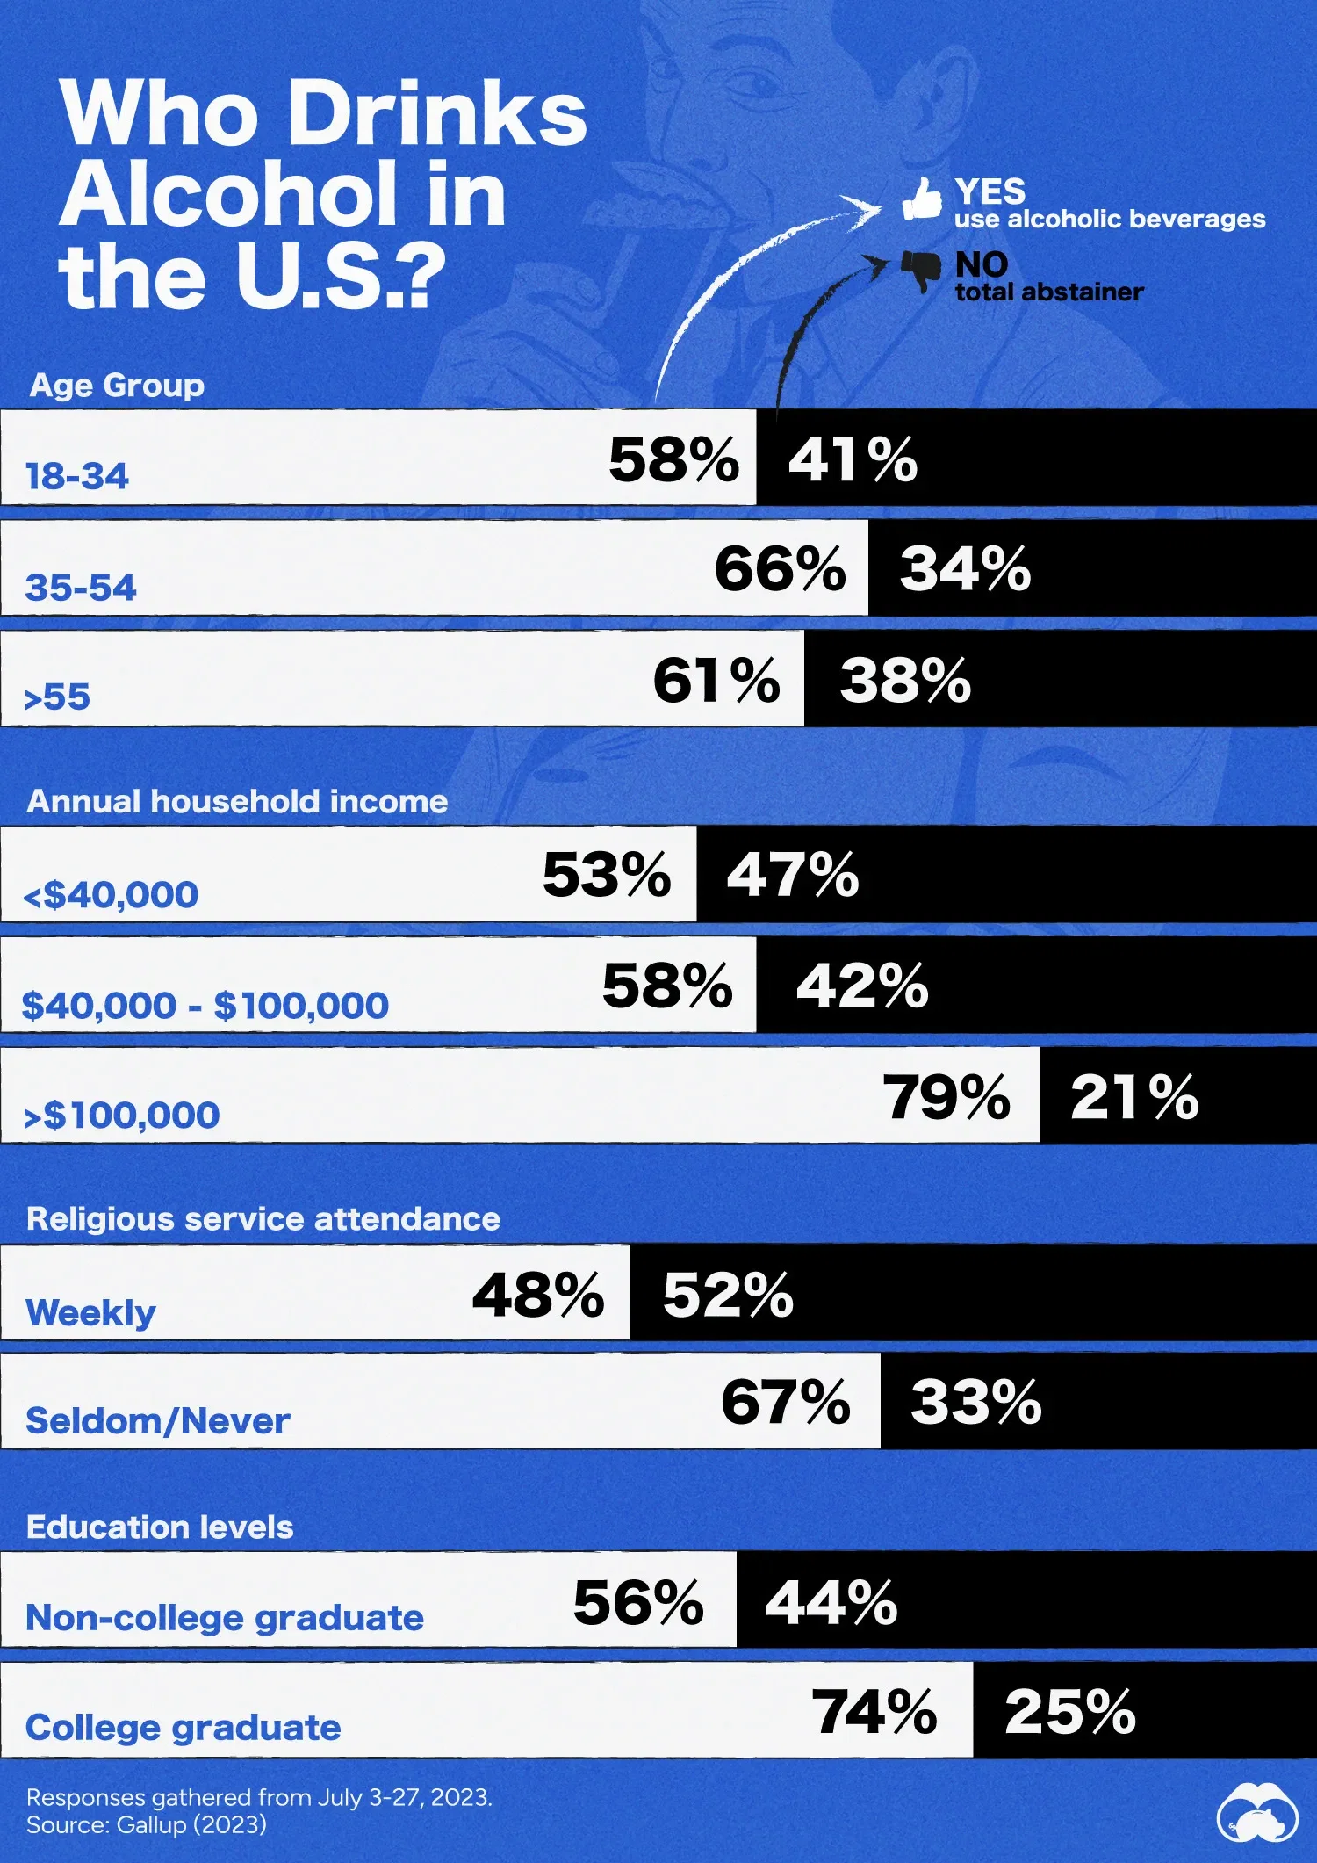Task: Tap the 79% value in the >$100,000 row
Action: coord(946,1097)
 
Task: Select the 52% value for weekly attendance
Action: coord(728,1295)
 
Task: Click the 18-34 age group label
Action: coord(77,476)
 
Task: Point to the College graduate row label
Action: coord(183,1727)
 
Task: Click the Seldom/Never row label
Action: coord(158,1420)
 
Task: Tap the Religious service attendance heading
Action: coord(263,1218)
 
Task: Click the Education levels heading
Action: coord(160,1527)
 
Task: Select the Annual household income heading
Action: coord(237,801)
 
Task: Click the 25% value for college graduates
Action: coord(1070,1712)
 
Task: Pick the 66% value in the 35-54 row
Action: coord(780,568)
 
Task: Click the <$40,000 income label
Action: coord(111,895)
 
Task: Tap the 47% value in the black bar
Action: coord(792,875)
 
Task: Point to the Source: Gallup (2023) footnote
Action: coord(146,1824)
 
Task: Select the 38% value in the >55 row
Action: coord(905,680)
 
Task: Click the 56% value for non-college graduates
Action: coord(638,1602)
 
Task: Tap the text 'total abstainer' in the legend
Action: coord(1048,292)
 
